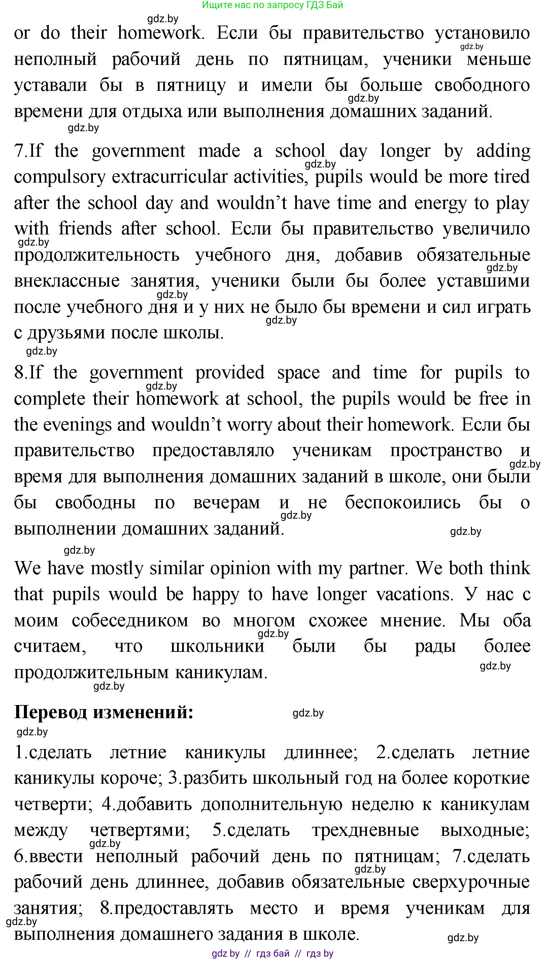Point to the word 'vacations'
click(415, 595)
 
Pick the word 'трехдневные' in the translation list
click(365, 830)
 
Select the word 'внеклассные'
click(68, 281)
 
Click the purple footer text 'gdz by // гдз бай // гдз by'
click(273, 953)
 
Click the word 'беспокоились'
click(402, 503)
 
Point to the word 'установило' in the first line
click(482, 33)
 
